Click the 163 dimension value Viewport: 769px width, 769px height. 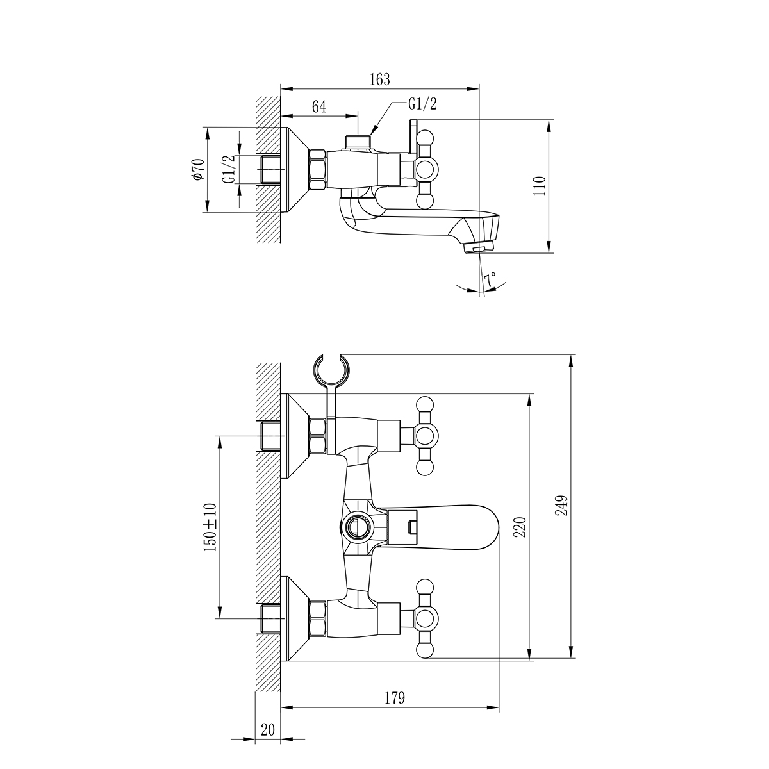coord(379,79)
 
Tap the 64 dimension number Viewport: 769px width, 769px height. coord(319,107)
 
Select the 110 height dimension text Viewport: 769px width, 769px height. coord(539,186)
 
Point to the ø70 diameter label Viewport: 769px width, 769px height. coord(198,169)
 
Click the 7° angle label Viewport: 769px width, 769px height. coord(490,279)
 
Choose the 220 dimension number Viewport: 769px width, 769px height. coord(520,527)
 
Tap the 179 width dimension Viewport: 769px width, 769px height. coord(395,698)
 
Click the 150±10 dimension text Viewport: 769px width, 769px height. coord(210,527)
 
